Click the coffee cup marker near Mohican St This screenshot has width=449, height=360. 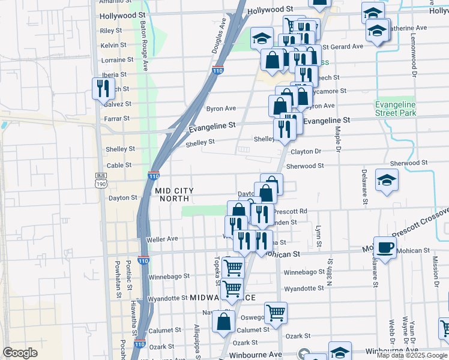pyautogui.click(x=385, y=247)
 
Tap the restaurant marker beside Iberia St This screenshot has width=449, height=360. pyautogui.click(x=101, y=88)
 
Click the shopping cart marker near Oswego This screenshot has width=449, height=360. pyautogui.click(x=276, y=312)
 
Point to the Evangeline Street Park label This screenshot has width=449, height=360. pyautogui.click(x=395, y=108)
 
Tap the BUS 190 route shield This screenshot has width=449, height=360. pyautogui.click(x=100, y=180)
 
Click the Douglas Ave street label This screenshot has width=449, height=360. pyautogui.click(x=219, y=35)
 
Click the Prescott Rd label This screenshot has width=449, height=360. pyautogui.click(x=291, y=211)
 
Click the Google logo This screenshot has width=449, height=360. pyautogui.click(x=20, y=353)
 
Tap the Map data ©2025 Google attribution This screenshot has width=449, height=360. pyautogui.click(x=412, y=355)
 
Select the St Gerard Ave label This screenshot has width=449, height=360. pyautogui.click(x=343, y=46)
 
